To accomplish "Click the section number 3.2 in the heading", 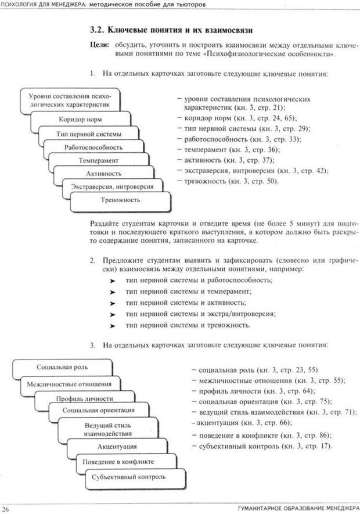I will pos(98,30).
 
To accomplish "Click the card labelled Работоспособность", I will pos(93,147).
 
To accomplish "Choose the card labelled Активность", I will pos(103,174).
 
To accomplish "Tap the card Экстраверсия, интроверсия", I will pos(112,187).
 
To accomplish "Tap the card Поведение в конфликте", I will pos(118,462).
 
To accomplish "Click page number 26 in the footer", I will pos(7,509).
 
